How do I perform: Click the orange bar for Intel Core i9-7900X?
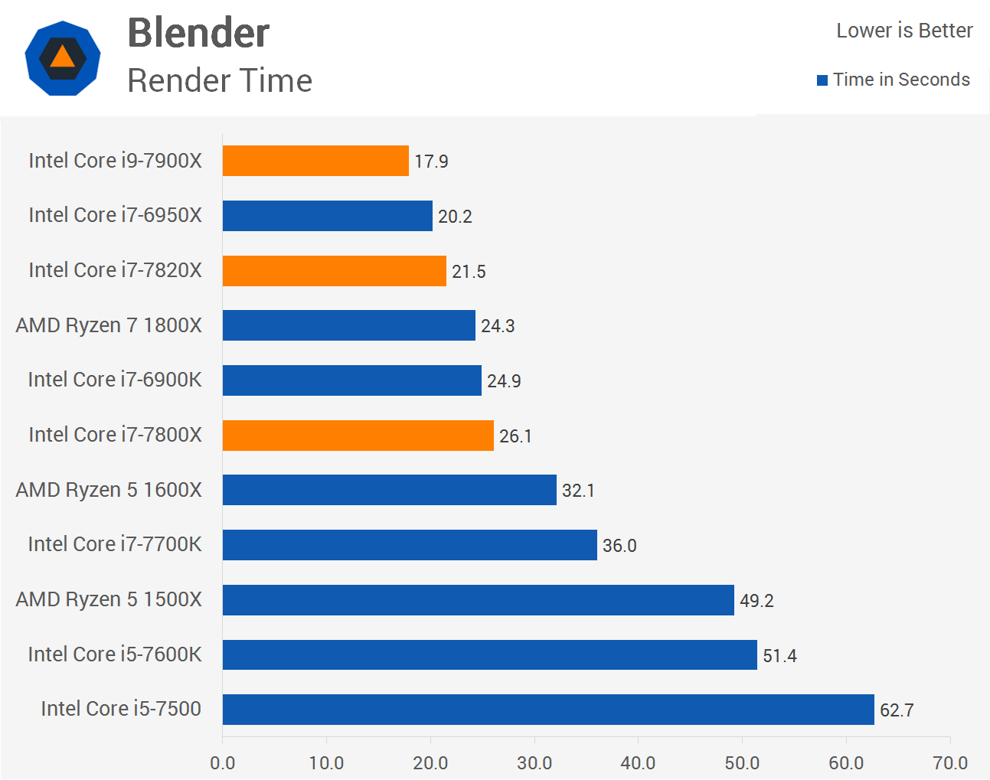315,161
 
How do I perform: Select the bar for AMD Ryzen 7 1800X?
348,325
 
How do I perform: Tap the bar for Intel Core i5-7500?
548,710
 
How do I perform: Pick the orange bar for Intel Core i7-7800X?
358,436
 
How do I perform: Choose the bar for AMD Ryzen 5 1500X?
478,600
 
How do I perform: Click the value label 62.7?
897,710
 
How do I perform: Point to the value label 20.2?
455,217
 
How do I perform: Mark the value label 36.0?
619,546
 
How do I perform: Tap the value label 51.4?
779,656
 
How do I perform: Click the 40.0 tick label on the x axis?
638,763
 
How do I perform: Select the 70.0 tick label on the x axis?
950,763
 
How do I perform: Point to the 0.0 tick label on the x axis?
223,763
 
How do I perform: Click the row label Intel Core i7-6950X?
116,215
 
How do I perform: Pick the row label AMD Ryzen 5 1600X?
109,490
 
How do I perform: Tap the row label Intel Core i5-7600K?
115,654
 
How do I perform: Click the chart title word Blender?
198,33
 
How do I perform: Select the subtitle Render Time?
220,80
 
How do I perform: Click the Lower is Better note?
904,31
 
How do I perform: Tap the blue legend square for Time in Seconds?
822,80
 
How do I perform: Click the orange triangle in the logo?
62,57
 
